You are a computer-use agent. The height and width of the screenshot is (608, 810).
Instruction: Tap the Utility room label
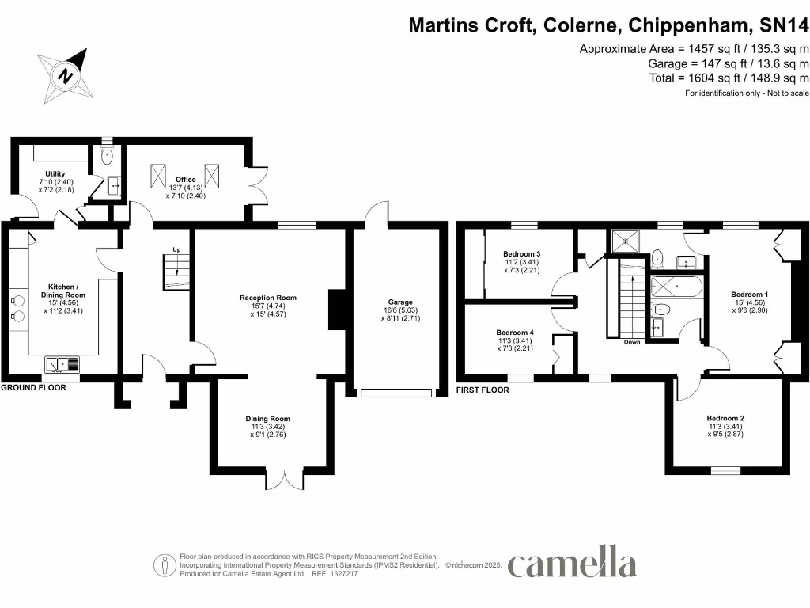pos(55,182)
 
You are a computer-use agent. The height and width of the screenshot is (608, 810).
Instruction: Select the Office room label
pos(186,188)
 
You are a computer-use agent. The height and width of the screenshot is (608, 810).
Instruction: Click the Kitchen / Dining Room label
pos(62,298)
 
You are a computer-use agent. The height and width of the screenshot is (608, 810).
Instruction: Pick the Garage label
pos(400,310)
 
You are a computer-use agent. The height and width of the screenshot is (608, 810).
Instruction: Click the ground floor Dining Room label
pos(268,427)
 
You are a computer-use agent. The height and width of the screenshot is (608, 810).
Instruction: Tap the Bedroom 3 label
pos(516,262)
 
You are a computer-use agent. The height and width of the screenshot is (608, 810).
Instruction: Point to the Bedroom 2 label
pos(725,426)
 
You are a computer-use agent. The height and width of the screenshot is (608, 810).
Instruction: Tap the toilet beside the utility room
pos(108,155)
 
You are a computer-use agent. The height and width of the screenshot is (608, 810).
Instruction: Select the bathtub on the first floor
pos(676,287)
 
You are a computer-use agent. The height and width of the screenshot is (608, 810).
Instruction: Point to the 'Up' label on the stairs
pos(177,250)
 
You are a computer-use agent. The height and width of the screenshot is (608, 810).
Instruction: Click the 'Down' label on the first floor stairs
pos(631,342)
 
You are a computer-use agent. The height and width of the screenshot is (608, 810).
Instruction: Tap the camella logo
pos(571,564)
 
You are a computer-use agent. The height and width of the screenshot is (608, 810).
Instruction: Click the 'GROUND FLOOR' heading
pos(33,388)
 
